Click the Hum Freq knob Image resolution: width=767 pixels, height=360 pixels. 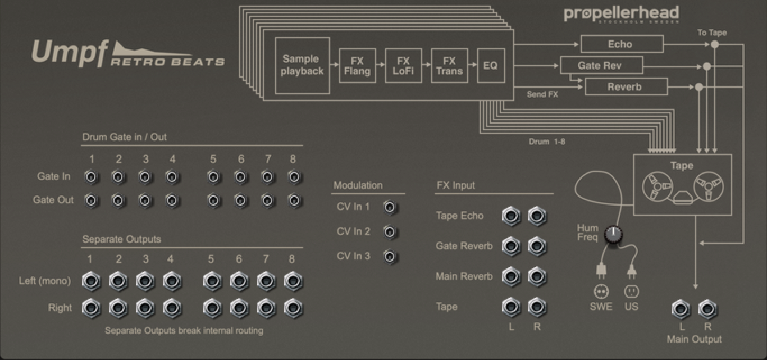tap(614, 235)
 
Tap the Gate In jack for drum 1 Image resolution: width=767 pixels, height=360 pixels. tap(91, 177)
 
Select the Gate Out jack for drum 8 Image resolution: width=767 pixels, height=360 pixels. tap(293, 200)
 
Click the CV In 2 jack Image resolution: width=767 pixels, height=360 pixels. tap(389, 232)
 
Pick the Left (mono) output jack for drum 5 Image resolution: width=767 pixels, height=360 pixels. tap(211, 281)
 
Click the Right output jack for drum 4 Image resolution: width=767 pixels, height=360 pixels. tap(171, 308)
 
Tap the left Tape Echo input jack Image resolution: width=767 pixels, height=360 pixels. tap(511, 216)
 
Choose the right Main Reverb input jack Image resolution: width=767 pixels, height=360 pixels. tap(537, 276)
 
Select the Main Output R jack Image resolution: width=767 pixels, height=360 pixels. tap(707, 309)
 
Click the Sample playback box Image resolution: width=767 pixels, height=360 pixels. tap(303, 65)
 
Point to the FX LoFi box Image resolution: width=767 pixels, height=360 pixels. tap(403, 66)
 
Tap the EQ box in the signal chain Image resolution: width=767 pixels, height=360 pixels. tap(490, 66)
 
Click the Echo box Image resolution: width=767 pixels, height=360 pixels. tap(621, 44)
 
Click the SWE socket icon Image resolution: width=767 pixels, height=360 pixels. tap(601, 291)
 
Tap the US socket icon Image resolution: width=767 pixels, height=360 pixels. tap(632, 291)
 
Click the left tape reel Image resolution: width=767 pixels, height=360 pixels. tap(655, 186)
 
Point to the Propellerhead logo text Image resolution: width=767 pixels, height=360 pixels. tap(621, 13)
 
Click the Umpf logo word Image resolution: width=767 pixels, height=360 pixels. tap(70, 54)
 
